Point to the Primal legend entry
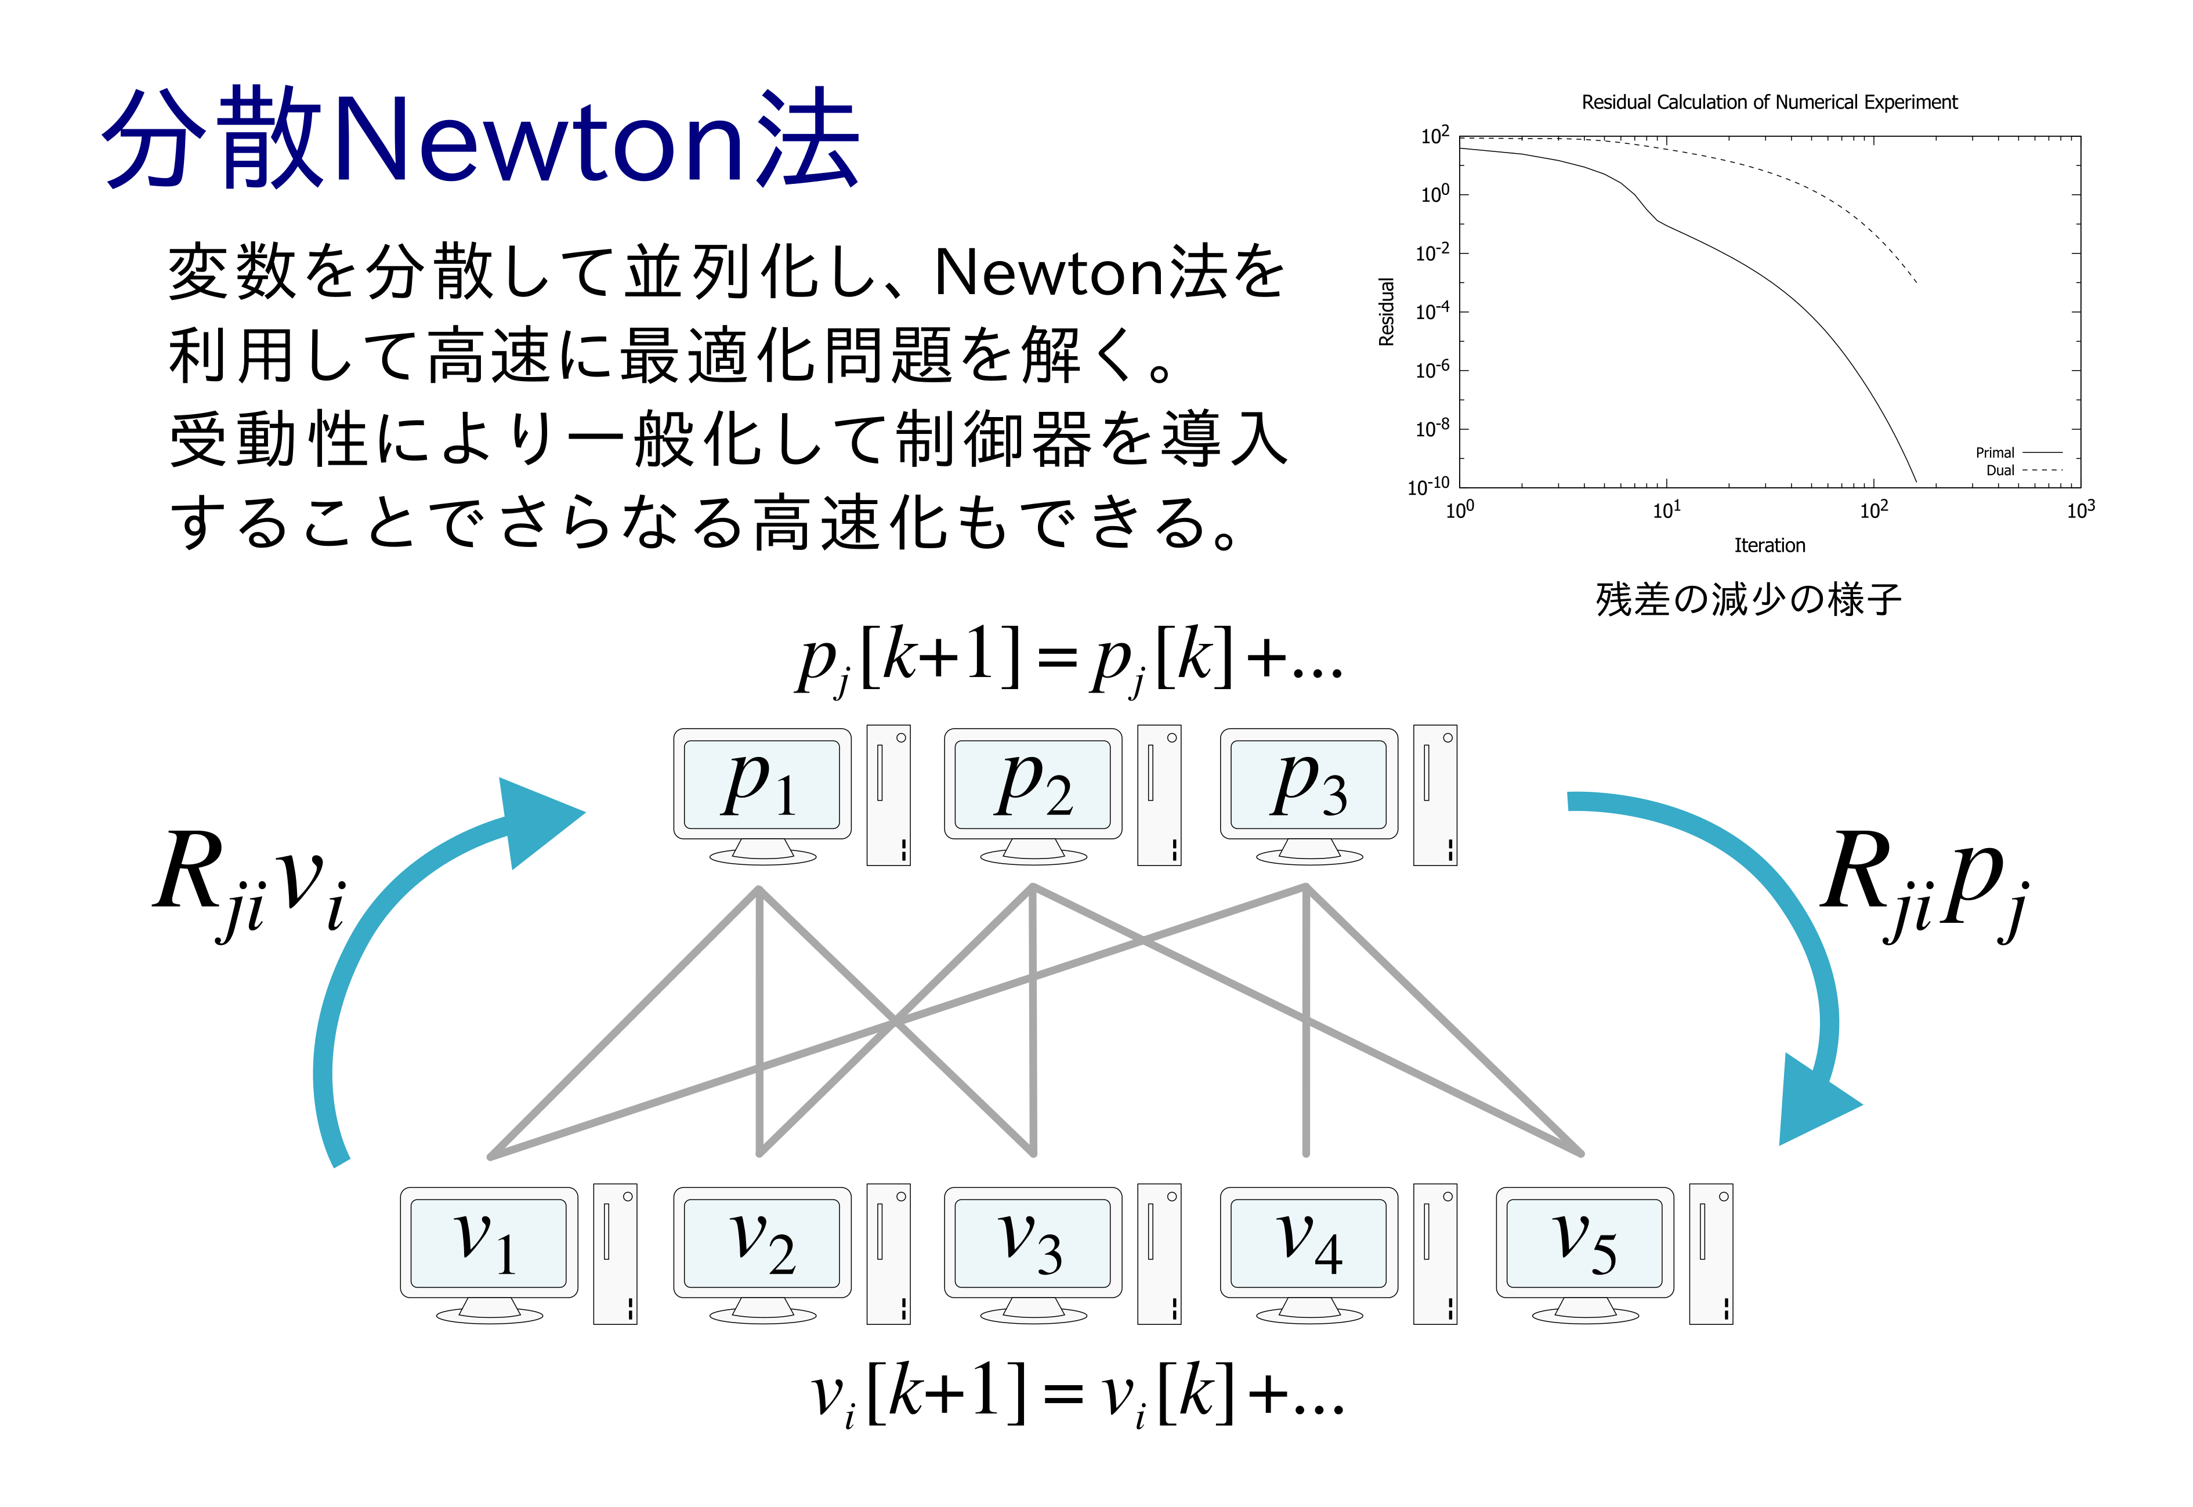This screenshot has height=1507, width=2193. point(2018,452)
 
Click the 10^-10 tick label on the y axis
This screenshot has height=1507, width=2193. point(1428,486)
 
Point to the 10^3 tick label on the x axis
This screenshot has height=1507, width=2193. point(2080,510)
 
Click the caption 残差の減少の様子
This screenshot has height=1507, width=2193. point(1748,599)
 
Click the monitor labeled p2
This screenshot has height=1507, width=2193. point(1033,796)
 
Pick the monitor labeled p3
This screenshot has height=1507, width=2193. point(1309,796)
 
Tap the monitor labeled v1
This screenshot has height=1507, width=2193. point(488,1255)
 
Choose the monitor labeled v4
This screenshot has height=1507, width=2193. point(1309,1255)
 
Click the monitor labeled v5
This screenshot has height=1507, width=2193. point(1585,1255)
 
